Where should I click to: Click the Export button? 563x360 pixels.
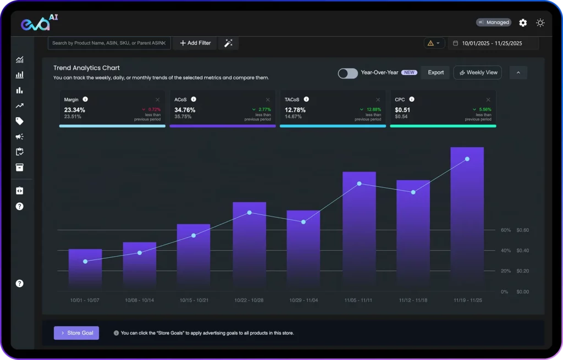(435, 73)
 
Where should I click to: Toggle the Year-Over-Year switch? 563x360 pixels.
(347, 73)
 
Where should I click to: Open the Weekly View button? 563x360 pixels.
(477, 73)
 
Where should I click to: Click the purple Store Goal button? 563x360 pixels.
(76, 333)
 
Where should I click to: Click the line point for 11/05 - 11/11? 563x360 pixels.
(359, 184)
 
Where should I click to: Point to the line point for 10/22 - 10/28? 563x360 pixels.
(250, 213)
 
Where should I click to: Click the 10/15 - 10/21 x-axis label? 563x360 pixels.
(194, 301)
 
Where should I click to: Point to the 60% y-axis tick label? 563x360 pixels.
(505, 230)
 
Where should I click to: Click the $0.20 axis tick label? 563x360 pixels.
(523, 271)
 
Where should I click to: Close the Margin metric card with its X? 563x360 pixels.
(158, 99)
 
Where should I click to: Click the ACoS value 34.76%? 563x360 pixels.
(185, 110)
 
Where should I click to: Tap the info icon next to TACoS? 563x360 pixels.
(306, 99)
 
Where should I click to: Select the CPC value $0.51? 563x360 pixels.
(402, 110)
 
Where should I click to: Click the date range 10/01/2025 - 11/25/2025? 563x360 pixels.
(492, 43)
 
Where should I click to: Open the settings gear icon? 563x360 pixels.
(523, 23)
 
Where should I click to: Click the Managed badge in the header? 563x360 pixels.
(494, 23)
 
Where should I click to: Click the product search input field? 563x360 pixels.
(107, 43)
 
